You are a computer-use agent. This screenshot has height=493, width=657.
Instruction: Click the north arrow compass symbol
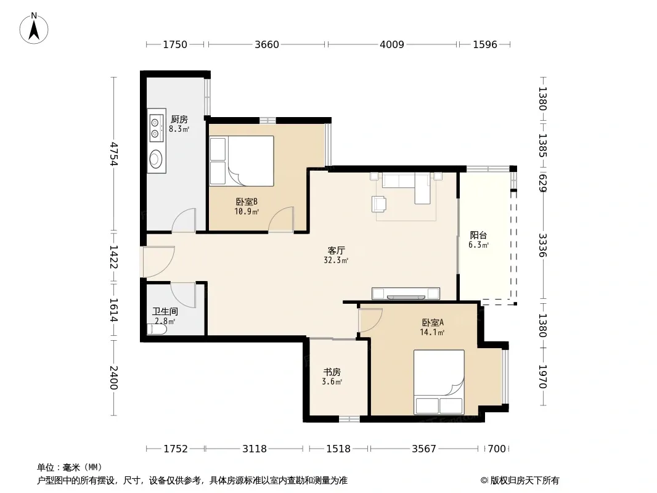click(x=34, y=28)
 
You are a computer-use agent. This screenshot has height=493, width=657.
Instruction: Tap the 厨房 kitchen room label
click(x=179, y=120)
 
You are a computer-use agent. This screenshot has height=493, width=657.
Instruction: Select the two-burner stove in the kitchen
click(x=155, y=128)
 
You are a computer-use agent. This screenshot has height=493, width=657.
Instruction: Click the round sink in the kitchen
click(x=156, y=159)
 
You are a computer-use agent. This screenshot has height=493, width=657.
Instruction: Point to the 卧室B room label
click(x=247, y=202)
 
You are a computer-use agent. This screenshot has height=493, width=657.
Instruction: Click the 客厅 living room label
click(x=336, y=250)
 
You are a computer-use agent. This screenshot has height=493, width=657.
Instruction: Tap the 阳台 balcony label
click(x=478, y=235)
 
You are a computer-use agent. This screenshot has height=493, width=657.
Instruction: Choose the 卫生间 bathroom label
click(x=165, y=312)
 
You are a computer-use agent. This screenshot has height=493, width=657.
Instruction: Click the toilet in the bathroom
click(x=157, y=329)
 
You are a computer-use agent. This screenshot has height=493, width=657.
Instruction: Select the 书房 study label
click(x=332, y=372)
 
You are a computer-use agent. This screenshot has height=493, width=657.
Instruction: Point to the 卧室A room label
click(x=433, y=322)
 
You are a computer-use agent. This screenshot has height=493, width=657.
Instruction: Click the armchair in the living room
click(x=379, y=204)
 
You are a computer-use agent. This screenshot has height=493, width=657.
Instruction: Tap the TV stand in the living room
click(x=406, y=293)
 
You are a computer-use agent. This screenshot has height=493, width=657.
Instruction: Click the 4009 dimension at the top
click(x=392, y=44)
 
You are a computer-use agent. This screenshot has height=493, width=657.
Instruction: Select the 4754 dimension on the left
click(x=113, y=154)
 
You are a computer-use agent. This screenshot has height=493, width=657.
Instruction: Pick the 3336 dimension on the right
click(x=542, y=245)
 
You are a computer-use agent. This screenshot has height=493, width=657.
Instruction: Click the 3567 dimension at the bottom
click(x=424, y=449)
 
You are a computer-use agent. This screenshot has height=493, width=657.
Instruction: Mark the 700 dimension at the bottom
click(x=497, y=449)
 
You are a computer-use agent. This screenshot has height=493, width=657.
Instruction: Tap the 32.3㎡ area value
click(x=336, y=260)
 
